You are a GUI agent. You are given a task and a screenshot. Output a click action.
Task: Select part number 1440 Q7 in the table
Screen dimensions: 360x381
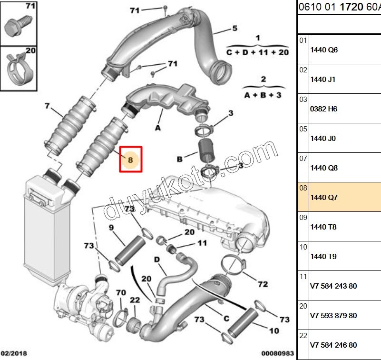[323, 197]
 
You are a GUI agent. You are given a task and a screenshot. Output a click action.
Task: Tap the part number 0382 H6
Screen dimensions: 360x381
[323, 109]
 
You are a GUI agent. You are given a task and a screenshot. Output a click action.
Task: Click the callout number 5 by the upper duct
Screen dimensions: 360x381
[234, 29]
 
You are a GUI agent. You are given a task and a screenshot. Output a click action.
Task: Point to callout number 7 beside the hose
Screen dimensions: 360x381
[47, 106]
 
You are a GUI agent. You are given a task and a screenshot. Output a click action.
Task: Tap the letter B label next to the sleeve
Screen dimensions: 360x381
[180, 159]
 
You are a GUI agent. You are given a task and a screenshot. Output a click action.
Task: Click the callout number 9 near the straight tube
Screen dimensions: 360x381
[111, 228]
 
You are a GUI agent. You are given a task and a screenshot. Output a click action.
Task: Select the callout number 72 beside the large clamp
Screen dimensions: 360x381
[262, 284]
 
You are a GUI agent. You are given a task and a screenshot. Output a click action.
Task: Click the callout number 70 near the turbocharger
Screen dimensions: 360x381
[121, 292]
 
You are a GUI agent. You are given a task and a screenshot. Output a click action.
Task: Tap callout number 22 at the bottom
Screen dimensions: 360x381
[135, 300]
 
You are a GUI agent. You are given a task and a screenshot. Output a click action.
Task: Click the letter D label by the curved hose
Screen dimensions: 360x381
[156, 259]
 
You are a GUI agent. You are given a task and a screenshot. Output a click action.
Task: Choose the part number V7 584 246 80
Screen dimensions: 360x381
[333, 345]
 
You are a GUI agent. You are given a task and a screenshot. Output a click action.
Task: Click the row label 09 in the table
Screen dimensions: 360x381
[303, 218]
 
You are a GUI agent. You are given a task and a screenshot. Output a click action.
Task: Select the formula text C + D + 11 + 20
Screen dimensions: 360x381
[257, 52]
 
